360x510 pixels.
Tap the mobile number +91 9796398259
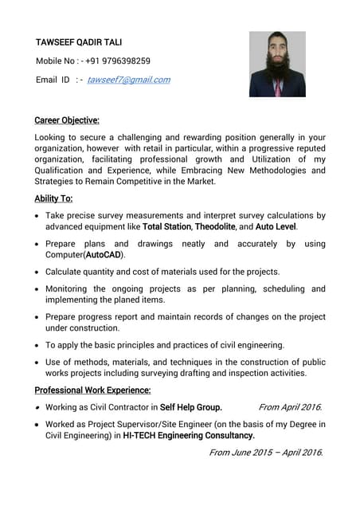(118, 61)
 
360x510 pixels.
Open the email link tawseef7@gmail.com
(128, 80)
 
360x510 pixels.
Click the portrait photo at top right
(277, 65)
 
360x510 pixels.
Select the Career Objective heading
(67, 120)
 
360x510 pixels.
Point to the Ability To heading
(53, 198)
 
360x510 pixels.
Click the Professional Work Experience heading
(92, 390)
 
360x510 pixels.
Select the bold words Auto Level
(276, 227)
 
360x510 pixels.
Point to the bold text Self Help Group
(191, 407)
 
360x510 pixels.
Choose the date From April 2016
(291, 407)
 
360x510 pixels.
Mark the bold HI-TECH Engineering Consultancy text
(189, 436)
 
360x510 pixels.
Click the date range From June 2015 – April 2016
(265, 453)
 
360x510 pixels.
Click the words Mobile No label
(56, 61)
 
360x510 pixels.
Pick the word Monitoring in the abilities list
(71, 288)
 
